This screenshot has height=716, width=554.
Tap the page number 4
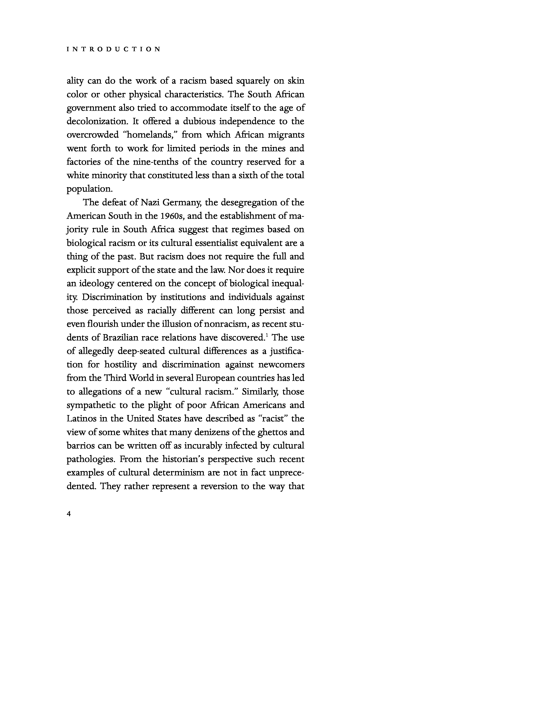(x=69, y=514)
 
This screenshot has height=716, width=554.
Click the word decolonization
(x=96, y=122)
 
